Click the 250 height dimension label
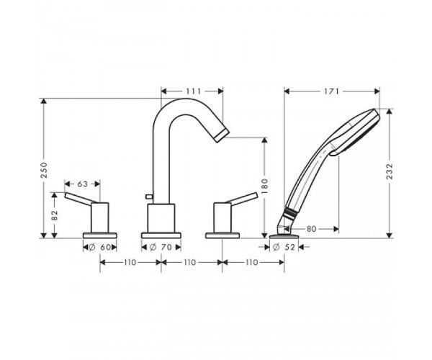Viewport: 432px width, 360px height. click(44, 170)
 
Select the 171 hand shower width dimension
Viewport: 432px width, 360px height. click(331, 91)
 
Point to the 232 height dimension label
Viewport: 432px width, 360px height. click(390, 171)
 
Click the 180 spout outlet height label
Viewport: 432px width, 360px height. click(265, 186)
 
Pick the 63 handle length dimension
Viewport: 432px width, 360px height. click(82, 184)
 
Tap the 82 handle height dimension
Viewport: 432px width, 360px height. click(55, 215)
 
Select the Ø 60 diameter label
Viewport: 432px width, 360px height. click(100, 248)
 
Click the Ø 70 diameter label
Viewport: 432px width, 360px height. click(161, 248)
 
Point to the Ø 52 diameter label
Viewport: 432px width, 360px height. click(284, 248)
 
